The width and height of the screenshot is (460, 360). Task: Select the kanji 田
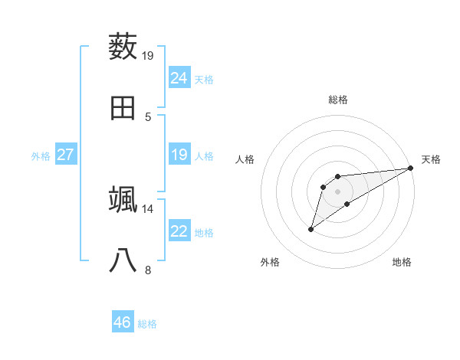(x=123, y=108)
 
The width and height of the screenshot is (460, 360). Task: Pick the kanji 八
(x=123, y=261)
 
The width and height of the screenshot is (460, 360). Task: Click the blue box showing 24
(x=179, y=77)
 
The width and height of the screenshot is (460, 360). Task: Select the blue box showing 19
(x=179, y=155)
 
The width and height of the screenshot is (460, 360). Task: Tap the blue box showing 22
(x=179, y=231)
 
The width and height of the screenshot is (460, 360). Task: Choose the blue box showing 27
(x=65, y=155)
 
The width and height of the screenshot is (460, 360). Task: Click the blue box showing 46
(x=123, y=322)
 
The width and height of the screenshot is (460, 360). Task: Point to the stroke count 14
(x=148, y=208)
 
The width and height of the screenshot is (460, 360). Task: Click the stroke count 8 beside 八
(x=148, y=270)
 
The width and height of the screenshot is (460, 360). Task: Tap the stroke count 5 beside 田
(x=148, y=116)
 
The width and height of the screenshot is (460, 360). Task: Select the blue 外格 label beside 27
(x=41, y=155)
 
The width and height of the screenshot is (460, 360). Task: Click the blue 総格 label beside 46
(x=147, y=323)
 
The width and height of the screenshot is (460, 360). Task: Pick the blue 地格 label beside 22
(x=204, y=232)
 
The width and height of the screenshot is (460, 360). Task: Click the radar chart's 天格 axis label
(x=431, y=159)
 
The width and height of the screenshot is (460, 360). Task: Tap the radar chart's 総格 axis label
(x=337, y=100)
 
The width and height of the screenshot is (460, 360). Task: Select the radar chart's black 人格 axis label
(x=245, y=159)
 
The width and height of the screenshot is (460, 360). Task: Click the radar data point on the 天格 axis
(x=411, y=168)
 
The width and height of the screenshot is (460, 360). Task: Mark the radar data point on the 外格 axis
(x=310, y=229)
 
